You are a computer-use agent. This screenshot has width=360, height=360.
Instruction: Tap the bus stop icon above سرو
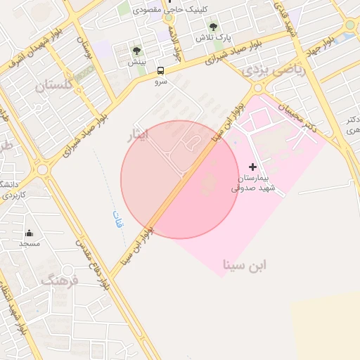coord(162,70)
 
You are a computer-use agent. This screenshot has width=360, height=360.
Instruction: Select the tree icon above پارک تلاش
coord(213,27)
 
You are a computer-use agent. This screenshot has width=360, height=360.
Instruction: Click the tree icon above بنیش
coord(136,51)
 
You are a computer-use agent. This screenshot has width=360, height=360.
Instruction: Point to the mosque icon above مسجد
coord(29,233)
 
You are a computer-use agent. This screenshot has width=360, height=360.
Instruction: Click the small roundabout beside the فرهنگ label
coord(44,170)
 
